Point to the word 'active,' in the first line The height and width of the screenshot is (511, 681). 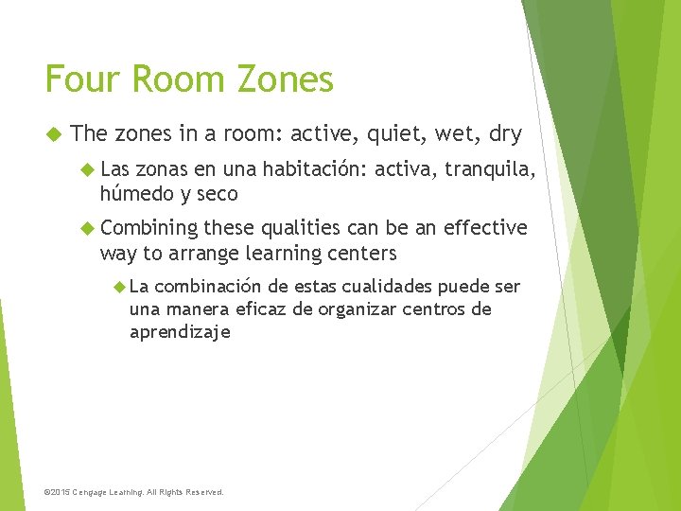point(331,134)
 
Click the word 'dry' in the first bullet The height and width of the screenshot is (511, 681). point(504,134)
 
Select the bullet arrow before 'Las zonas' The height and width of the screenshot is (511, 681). point(88,171)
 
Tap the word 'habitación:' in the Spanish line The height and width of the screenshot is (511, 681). point(315,171)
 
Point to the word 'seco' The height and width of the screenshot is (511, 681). point(218,195)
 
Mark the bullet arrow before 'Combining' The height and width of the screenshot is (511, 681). point(88,228)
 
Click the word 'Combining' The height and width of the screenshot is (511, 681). point(149,228)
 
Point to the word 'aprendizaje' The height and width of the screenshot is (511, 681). point(180,332)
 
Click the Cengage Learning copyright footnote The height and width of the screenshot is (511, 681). point(134,492)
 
